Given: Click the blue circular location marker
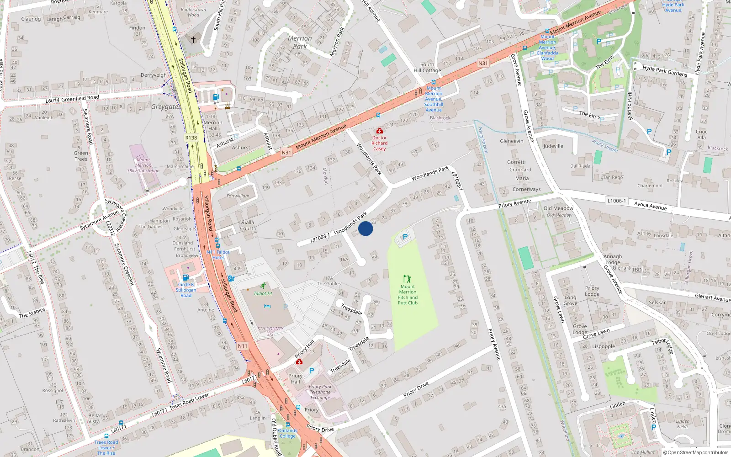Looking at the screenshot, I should coord(365,228).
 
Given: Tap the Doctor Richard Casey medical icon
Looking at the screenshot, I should coord(379,131).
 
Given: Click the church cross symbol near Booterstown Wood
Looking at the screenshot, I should coord(193,40).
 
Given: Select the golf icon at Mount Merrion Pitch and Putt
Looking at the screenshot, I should coord(407,278).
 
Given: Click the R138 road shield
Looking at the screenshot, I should coord(191,138).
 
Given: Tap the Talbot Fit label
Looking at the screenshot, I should coord(263,293).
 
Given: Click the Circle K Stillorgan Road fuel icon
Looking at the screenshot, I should coord(185,277).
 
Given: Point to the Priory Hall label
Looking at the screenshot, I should coord(296,378).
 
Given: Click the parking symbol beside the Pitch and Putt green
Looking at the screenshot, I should coord(405,237).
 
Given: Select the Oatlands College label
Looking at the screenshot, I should coord(287,433).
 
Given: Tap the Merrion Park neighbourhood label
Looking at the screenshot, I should coord(300,42).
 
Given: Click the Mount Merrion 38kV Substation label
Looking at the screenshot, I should coord(143,165).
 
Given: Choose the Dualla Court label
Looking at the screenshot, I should coord(247,225).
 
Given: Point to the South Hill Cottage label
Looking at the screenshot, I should coord(427,67).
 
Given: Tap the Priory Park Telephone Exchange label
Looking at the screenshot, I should coord(320,392).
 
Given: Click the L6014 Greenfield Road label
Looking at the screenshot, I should coord(72,99).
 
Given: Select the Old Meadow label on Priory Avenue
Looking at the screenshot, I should coord(558,208).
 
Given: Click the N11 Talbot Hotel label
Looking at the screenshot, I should coord(218,255).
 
